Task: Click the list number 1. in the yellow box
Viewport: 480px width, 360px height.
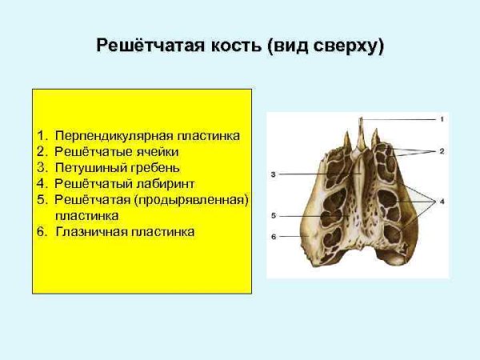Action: tap(42, 136)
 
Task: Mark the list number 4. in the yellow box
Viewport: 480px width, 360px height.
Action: tap(42, 184)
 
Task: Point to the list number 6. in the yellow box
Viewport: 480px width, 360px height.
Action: tap(42, 232)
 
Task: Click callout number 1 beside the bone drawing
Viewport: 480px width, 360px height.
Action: tap(440, 119)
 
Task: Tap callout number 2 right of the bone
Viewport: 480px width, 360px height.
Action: tap(441, 150)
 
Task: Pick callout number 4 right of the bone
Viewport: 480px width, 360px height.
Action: tap(441, 200)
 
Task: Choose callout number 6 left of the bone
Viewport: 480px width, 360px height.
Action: tap(273, 237)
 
